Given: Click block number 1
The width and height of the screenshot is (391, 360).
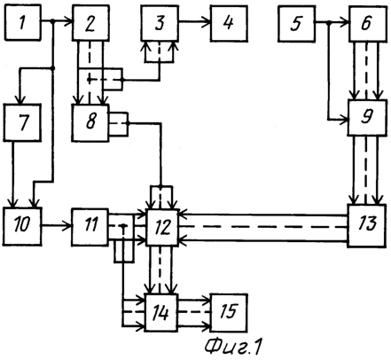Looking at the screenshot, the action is [x=22, y=22].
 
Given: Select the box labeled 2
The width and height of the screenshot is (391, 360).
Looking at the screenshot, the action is [x=90, y=23].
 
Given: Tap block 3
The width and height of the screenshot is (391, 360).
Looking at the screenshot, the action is [x=160, y=23].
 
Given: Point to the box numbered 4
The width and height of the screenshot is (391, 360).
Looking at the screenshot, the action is [x=229, y=23].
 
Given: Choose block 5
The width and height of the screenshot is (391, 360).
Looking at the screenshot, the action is [x=296, y=23].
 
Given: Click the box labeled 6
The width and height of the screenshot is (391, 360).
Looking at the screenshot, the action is [x=368, y=23].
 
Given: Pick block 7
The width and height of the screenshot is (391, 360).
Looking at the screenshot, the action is [x=22, y=122].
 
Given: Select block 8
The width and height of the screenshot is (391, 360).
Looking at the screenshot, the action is [x=90, y=122].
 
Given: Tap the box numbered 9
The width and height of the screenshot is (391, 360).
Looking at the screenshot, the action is [x=367, y=118].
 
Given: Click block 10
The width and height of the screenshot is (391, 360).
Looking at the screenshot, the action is [x=22, y=226].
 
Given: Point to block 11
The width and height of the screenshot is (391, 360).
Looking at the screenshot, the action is [x=90, y=227].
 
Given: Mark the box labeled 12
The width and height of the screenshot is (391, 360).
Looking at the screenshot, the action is [x=162, y=227].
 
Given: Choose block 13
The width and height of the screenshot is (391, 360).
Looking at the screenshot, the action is [x=366, y=225].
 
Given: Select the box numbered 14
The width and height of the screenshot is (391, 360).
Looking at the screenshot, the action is [x=161, y=312].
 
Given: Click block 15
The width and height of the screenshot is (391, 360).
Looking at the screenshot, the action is [x=229, y=313].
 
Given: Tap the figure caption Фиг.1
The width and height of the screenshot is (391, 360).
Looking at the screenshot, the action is [x=233, y=346].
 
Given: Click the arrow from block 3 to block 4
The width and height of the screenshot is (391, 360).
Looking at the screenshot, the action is [x=194, y=21].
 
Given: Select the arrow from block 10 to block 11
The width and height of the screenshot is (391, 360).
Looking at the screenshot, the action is [x=57, y=226].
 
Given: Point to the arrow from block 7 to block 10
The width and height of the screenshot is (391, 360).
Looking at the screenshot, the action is [x=12, y=175].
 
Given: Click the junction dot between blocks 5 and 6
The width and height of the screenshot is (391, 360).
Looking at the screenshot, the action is [x=328, y=21].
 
